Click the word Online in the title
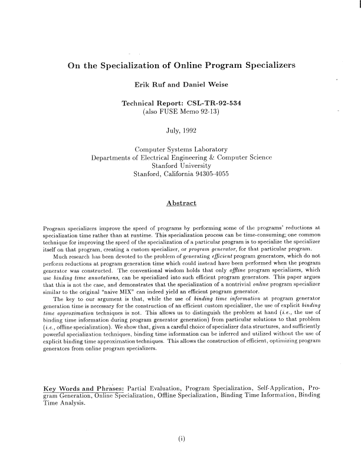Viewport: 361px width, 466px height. point(198,64)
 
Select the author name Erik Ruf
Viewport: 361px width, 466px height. point(150,84)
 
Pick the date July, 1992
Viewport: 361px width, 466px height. point(181,131)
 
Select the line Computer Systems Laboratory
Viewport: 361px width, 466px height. point(181,150)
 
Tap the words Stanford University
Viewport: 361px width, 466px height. point(181,166)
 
